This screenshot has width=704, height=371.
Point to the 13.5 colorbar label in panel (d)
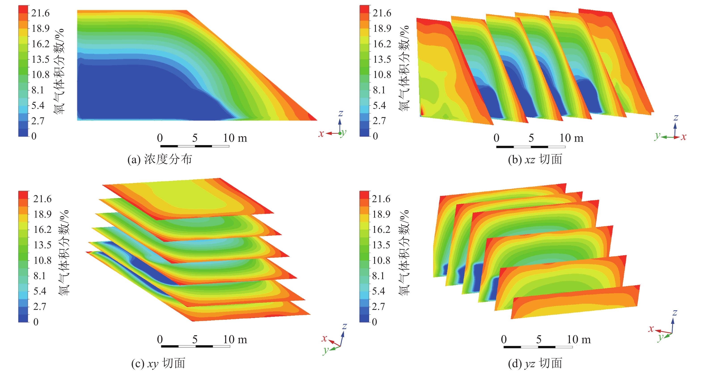tap(381, 245)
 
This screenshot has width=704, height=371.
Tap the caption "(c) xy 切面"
tap(158, 363)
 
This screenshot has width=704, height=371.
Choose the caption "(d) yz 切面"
tap(535, 363)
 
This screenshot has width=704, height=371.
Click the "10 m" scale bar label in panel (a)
tap(235, 138)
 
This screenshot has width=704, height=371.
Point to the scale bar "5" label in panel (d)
tap(539, 339)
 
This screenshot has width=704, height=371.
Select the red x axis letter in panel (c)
tap(324, 338)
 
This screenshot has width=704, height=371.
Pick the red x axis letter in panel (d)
tap(651, 328)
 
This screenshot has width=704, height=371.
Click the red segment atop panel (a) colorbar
tap(23, 9)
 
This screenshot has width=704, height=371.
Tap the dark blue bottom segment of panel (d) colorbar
tap(364, 318)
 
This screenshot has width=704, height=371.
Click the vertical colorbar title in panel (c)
tap(64, 252)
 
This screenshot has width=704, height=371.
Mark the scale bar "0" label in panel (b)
tap(496, 138)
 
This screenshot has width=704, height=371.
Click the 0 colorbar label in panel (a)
tap(34, 136)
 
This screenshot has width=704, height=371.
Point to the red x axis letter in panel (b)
tap(683, 137)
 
